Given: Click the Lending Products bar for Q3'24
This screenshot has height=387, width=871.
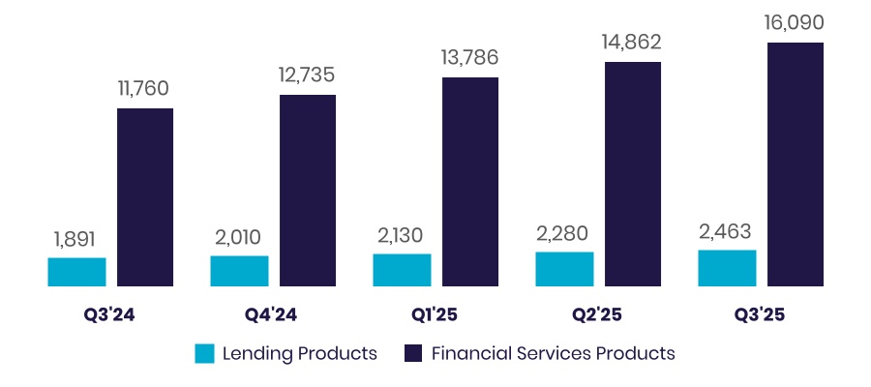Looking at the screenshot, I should click(x=76, y=272).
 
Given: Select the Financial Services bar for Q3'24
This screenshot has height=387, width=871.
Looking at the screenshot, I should click(x=145, y=197).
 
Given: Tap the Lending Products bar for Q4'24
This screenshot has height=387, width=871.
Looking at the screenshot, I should click(x=239, y=271).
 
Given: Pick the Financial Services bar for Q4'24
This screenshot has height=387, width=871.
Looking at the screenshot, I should click(x=308, y=191).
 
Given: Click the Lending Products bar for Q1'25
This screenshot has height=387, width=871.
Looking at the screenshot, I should click(x=402, y=270).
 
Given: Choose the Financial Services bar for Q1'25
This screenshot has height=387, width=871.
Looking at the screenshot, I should click(x=470, y=182).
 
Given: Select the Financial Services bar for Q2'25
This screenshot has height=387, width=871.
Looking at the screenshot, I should click(x=633, y=174).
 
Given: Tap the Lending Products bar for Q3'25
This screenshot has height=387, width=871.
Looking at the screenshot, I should click(x=727, y=268).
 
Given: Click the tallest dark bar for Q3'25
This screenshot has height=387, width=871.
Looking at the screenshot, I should click(x=796, y=164).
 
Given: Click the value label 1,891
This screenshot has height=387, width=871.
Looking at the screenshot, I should click(x=75, y=239).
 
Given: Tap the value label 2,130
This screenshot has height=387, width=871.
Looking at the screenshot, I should click(x=400, y=236).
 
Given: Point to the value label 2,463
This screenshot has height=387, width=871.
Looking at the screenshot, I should click(x=725, y=232).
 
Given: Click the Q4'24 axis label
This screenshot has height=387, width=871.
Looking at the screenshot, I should click(x=273, y=315).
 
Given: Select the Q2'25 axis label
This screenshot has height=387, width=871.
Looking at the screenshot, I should click(x=598, y=315).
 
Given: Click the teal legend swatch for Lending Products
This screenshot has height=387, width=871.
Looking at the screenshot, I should click(x=204, y=353).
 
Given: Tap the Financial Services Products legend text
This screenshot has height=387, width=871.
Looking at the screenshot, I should click(x=553, y=353).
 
